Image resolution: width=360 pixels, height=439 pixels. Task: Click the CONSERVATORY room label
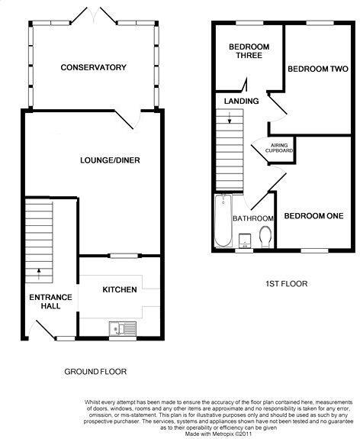[x=93, y=67]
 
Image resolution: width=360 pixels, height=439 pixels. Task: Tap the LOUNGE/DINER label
[x=110, y=160]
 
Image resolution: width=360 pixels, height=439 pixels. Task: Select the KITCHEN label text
[x=120, y=289]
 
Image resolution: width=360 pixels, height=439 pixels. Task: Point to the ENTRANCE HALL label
[x=50, y=302]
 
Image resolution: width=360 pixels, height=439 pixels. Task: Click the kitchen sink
[x=123, y=329]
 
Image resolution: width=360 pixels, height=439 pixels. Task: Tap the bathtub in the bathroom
[x=223, y=221]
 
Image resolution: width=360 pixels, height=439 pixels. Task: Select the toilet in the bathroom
[x=265, y=237]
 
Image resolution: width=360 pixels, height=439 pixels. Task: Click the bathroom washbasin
[x=245, y=241]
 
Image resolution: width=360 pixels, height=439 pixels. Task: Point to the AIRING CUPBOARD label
[x=279, y=148]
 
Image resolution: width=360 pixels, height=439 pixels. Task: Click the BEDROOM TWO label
[x=318, y=69]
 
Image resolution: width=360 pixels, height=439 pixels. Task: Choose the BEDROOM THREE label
[x=249, y=51]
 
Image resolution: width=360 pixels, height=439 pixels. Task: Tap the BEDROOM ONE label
[x=313, y=216]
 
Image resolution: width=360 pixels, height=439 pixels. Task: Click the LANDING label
[x=242, y=101]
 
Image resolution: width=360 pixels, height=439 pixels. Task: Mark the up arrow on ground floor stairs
[x=39, y=274]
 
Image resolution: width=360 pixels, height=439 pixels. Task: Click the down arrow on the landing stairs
[x=230, y=118]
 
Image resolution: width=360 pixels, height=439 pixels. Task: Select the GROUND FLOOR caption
[x=95, y=372]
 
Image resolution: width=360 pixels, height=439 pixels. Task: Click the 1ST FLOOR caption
[x=287, y=284]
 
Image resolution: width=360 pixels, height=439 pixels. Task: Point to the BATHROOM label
[x=253, y=218]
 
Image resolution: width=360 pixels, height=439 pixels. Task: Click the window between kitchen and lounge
[x=124, y=256]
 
